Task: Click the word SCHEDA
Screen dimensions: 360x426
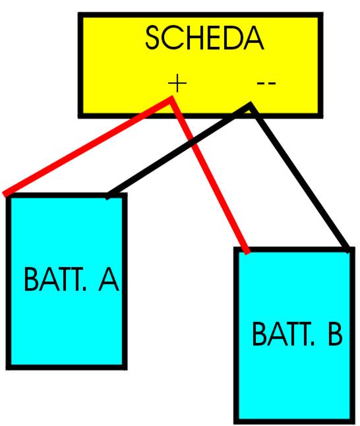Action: [204, 38]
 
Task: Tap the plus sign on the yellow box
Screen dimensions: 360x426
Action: [177, 82]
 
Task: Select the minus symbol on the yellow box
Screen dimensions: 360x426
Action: [266, 82]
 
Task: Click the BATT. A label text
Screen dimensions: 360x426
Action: [71, 280]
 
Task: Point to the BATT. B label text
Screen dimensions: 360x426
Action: [297, 334]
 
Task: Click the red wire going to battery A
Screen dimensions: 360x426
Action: [88, 146]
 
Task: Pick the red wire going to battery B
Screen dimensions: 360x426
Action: [208, 175]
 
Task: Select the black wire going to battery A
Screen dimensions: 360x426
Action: [179, 150]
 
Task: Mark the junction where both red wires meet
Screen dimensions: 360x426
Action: [171, 99]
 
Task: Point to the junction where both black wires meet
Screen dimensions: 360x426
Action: [250, 106]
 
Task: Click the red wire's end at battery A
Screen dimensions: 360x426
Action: [5, 194]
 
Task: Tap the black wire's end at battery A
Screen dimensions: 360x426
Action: [107, 197]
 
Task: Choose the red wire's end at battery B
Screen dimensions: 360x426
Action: [247, 251]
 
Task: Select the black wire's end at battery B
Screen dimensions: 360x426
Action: [347, 250]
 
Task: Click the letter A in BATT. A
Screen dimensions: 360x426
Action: [109, 280]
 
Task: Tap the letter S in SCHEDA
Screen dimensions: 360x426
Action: [153, 38]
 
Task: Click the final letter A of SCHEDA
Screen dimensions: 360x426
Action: [253, 38]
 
